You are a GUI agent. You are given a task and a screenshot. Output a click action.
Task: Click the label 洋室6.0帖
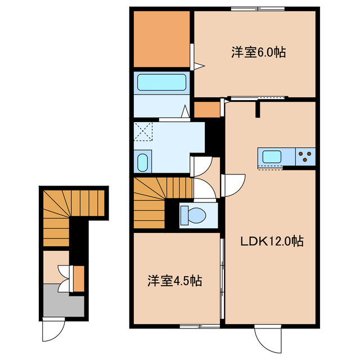tap(258, 53)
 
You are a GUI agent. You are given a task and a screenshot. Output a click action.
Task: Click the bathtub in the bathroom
tap(162, 83)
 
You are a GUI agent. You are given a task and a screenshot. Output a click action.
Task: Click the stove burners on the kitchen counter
tap(306, 156)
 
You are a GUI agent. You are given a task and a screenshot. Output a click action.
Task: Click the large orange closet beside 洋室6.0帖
tap(161, 39)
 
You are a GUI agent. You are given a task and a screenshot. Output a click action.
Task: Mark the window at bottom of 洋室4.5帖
tap(200, 326)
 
